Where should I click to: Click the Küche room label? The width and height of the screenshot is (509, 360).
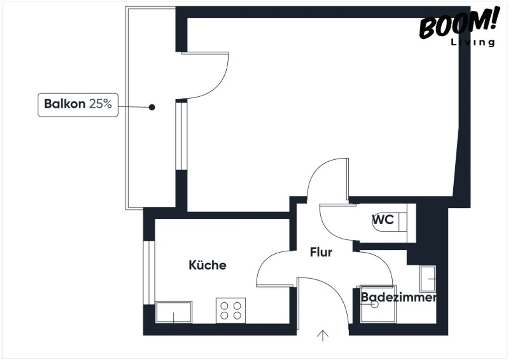(207, 265)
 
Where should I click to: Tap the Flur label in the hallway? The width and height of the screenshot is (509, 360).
(321, 252)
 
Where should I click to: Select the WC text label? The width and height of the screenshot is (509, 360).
(383, 219)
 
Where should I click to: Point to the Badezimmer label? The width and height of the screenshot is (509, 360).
(398, 297)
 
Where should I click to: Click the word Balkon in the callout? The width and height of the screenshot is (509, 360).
(65, 104)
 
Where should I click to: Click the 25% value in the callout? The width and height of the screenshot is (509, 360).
(100, 104)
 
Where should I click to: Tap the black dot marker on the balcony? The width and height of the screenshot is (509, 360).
(152, 107)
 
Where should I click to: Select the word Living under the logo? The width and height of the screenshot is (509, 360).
(473, 42)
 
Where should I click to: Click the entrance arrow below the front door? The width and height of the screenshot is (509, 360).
(322, 335)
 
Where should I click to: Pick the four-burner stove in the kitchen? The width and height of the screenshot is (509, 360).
(231, 311)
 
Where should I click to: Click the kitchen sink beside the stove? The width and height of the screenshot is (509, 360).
(174, 312)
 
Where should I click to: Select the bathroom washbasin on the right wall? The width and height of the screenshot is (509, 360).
(428, 279)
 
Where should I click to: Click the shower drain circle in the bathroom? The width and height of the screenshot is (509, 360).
(374, 305)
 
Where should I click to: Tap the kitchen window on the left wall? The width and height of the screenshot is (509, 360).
(149, 272)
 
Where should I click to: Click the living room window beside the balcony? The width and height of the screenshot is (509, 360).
(181, 136)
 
